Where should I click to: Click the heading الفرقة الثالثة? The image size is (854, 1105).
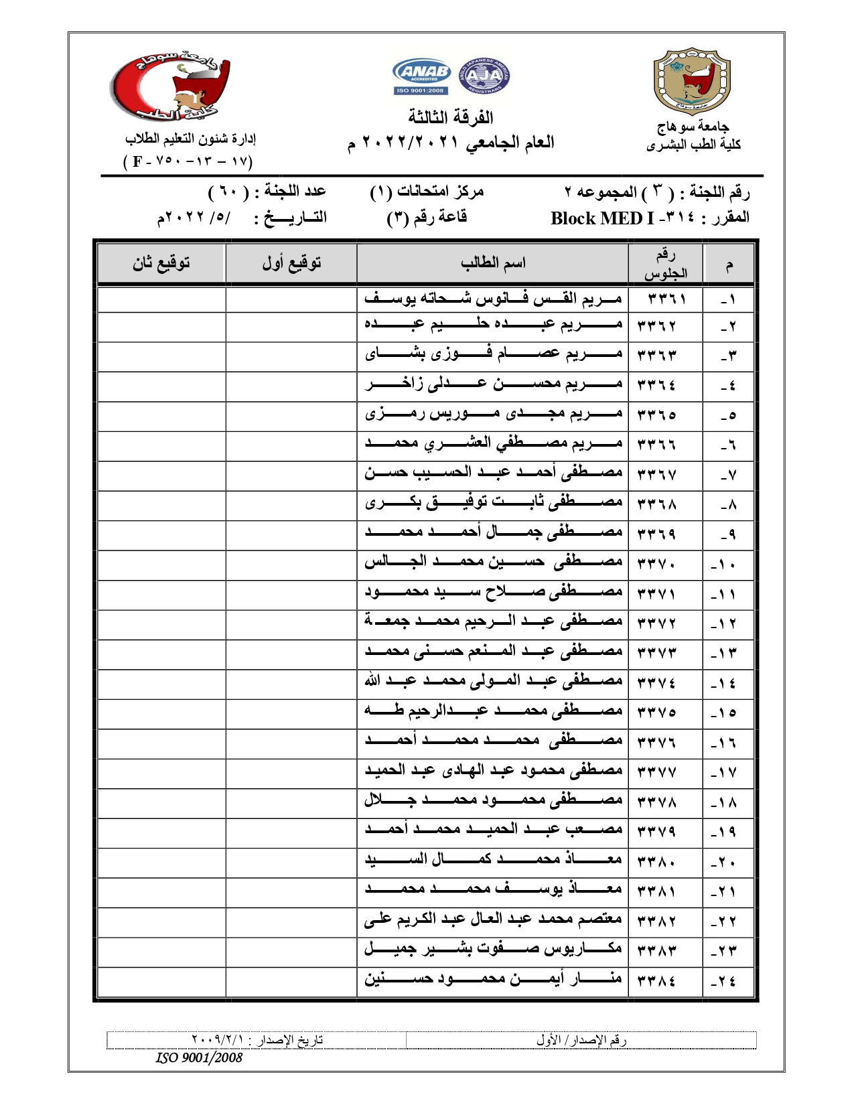pyautogui.click(x=451, y=117)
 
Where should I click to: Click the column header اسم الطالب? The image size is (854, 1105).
pyautogui.click(x=492, y=263)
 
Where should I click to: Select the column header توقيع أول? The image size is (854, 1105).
pyautogui.click(x=291, y=263)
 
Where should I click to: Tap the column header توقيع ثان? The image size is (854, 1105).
pyautogui.click(x=161, y=263)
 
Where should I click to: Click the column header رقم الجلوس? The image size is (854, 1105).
pyautogui.click(x=665, y=264)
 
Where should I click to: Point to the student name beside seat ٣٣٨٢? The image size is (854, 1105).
pyautogui.click(x=493, y=920)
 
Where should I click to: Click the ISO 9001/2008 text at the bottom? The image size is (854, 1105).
pyautogui.click(x=199, y=1057)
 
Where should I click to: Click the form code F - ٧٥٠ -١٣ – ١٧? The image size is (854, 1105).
pyautogui.click(x=188, y=161)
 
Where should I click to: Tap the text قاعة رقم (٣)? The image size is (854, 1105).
pyautogui.click(x=427, y=218)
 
